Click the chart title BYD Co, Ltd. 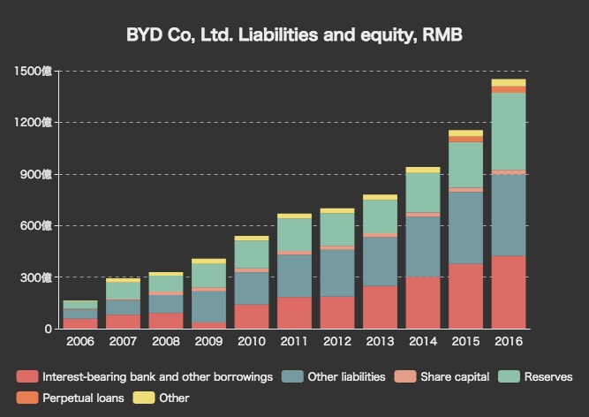coord(294,34)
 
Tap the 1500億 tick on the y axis coord(34,71)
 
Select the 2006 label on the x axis coord(80,341)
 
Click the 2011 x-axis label coord(294,341)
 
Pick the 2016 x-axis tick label coord(508,341)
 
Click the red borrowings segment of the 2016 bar coord(508,292)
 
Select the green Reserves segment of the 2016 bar coord(508,131)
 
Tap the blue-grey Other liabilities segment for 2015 coord(465,227)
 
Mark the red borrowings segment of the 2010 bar coord(252,316)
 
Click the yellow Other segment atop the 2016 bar coord(508,82)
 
